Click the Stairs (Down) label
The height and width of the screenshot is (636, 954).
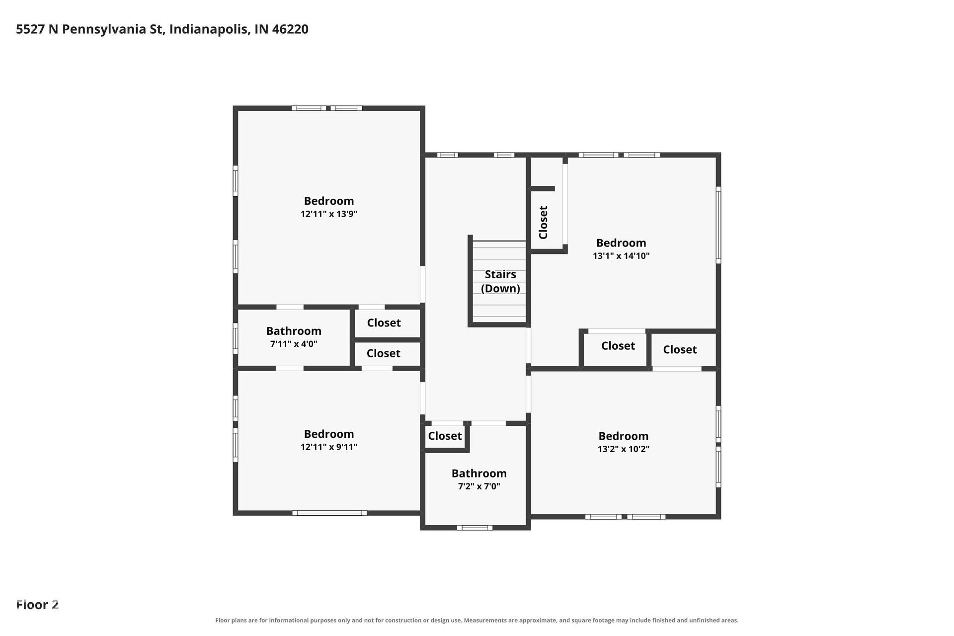500,281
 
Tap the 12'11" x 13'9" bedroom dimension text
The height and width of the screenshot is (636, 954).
329,214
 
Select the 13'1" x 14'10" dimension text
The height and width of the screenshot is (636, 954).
621,256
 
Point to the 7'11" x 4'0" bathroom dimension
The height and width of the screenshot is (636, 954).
294,344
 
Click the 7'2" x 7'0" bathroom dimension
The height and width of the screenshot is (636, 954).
479,486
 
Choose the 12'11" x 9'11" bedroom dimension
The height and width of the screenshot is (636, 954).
329,447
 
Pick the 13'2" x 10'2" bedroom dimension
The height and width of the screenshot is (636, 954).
624,449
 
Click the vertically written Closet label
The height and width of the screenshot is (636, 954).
543,222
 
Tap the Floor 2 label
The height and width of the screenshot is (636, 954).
37,605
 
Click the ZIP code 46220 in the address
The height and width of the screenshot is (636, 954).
290,29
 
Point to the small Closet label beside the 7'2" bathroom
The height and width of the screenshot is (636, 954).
445,436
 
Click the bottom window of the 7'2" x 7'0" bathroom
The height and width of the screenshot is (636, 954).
475,528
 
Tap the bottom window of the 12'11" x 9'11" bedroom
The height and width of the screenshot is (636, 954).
329,513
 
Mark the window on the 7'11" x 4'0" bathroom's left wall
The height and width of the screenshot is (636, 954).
236,338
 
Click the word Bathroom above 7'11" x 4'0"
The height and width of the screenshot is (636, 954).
294,331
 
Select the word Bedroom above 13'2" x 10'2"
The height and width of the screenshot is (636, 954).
624,436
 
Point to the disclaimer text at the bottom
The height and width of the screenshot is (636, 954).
477,620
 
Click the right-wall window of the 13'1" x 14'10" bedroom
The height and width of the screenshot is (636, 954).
718,225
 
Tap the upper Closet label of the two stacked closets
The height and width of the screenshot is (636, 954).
384,323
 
